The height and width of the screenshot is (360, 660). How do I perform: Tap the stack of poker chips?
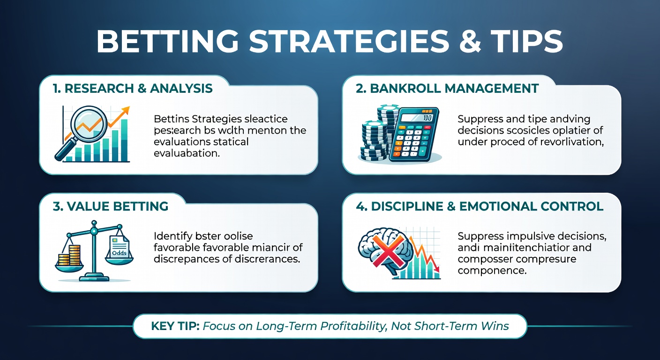point(375,136)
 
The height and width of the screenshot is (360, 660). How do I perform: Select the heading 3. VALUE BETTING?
point(110,206)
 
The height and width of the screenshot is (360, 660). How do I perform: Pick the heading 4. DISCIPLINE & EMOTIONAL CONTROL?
point(480,206)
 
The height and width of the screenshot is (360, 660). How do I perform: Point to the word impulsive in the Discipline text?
point(532,236)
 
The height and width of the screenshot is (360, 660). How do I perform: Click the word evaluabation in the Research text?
point(187,153)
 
